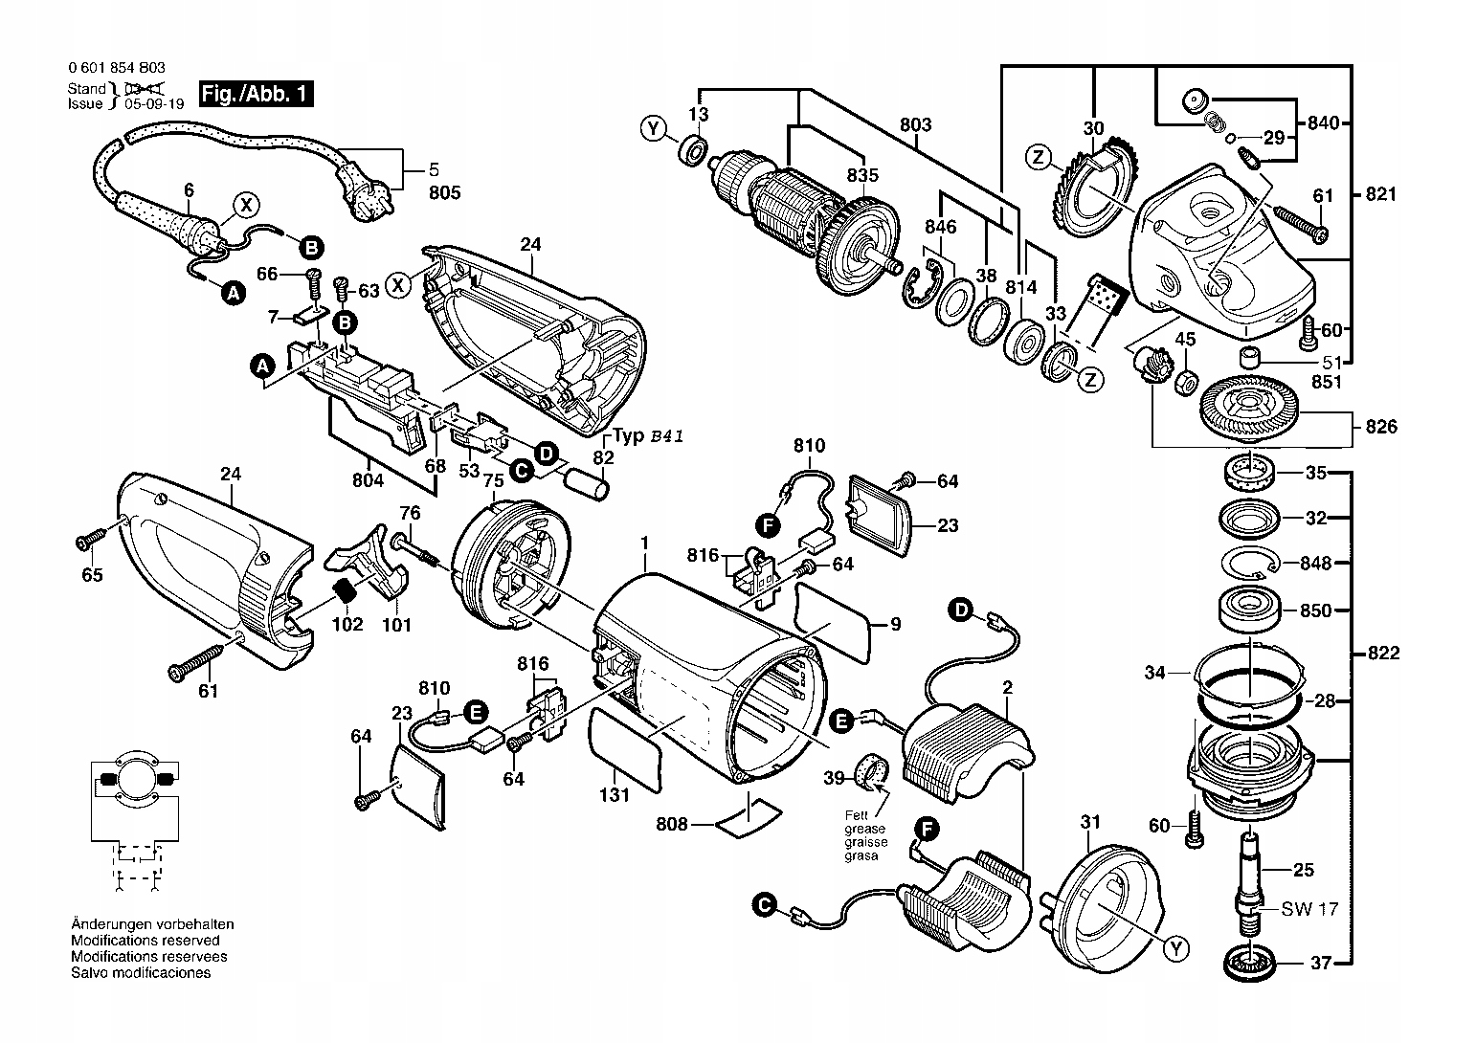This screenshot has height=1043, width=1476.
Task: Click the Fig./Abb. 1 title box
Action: (256, 95)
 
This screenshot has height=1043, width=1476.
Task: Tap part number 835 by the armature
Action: (861, 175)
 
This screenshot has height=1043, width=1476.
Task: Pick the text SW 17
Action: (1309, 908)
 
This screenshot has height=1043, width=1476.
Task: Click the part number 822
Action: (1383, 654)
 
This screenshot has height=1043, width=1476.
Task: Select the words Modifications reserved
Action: (145, 941)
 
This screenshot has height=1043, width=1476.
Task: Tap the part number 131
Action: (615, 794)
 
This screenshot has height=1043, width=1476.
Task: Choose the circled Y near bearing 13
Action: (654, 128)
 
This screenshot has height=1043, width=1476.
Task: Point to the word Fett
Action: (856, 815)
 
